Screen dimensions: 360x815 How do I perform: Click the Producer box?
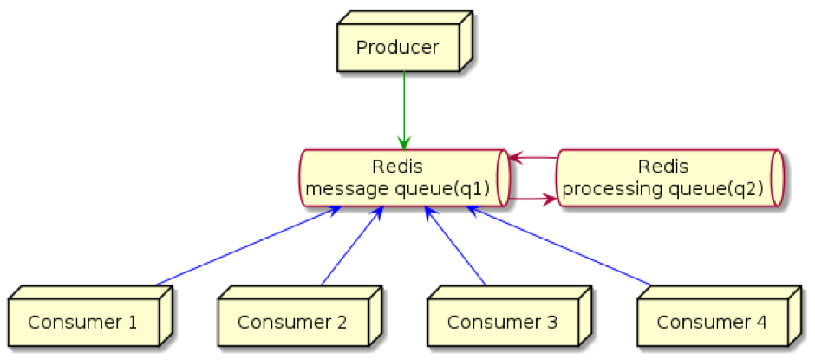398,47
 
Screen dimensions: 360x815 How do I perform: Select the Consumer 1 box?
82,322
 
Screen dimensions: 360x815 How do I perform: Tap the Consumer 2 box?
292,322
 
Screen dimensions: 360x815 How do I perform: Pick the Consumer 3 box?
502,322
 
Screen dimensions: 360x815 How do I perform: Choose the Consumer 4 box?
712,322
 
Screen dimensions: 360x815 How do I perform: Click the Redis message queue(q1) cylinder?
403,178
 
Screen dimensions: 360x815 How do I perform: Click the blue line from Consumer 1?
243,248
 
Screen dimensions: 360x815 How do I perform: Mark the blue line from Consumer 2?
350,246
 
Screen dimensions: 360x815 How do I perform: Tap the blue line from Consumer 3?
455,246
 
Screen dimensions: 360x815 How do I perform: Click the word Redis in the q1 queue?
397,166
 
